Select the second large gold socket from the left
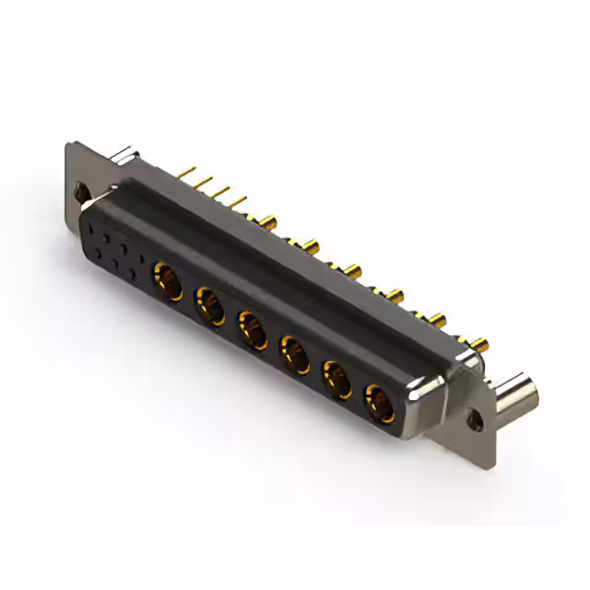(x=209, y=303)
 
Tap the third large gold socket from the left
(x=252, y=328)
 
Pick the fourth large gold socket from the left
(x=294, y=353)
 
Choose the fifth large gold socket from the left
(x=336, y=378)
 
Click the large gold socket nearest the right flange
(x=378, y=402)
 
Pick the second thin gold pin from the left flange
(x=205, y=182)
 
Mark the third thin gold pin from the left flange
(x=222, y=191)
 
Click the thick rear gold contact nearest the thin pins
(x=269, y=220)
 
